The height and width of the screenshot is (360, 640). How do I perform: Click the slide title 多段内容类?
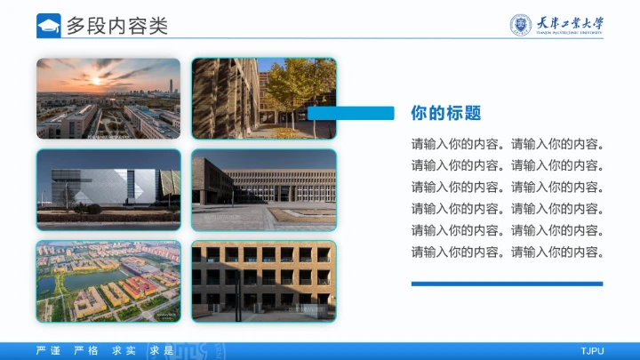(117, 26)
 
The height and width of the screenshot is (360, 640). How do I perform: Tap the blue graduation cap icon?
(49, 26)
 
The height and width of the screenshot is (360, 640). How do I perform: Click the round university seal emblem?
(521, 25)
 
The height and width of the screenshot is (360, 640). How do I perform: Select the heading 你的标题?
(446, 113)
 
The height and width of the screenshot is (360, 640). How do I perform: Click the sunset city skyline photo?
(108, 99)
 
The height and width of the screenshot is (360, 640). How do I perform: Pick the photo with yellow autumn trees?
(264, 99)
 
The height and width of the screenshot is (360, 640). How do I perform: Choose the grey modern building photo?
(108, 190)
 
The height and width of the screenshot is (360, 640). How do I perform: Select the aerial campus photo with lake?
(108, 281)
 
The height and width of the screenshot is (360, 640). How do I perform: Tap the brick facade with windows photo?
(264, 281)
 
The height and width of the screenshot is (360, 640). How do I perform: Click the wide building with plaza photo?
(264, 190)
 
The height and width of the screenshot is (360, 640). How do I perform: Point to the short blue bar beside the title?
(351, 113)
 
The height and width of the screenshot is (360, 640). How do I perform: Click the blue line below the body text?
(507, 284)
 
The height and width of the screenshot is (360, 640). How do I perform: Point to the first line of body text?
(508, 144)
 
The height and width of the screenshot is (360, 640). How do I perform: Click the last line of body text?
(508, 252)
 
